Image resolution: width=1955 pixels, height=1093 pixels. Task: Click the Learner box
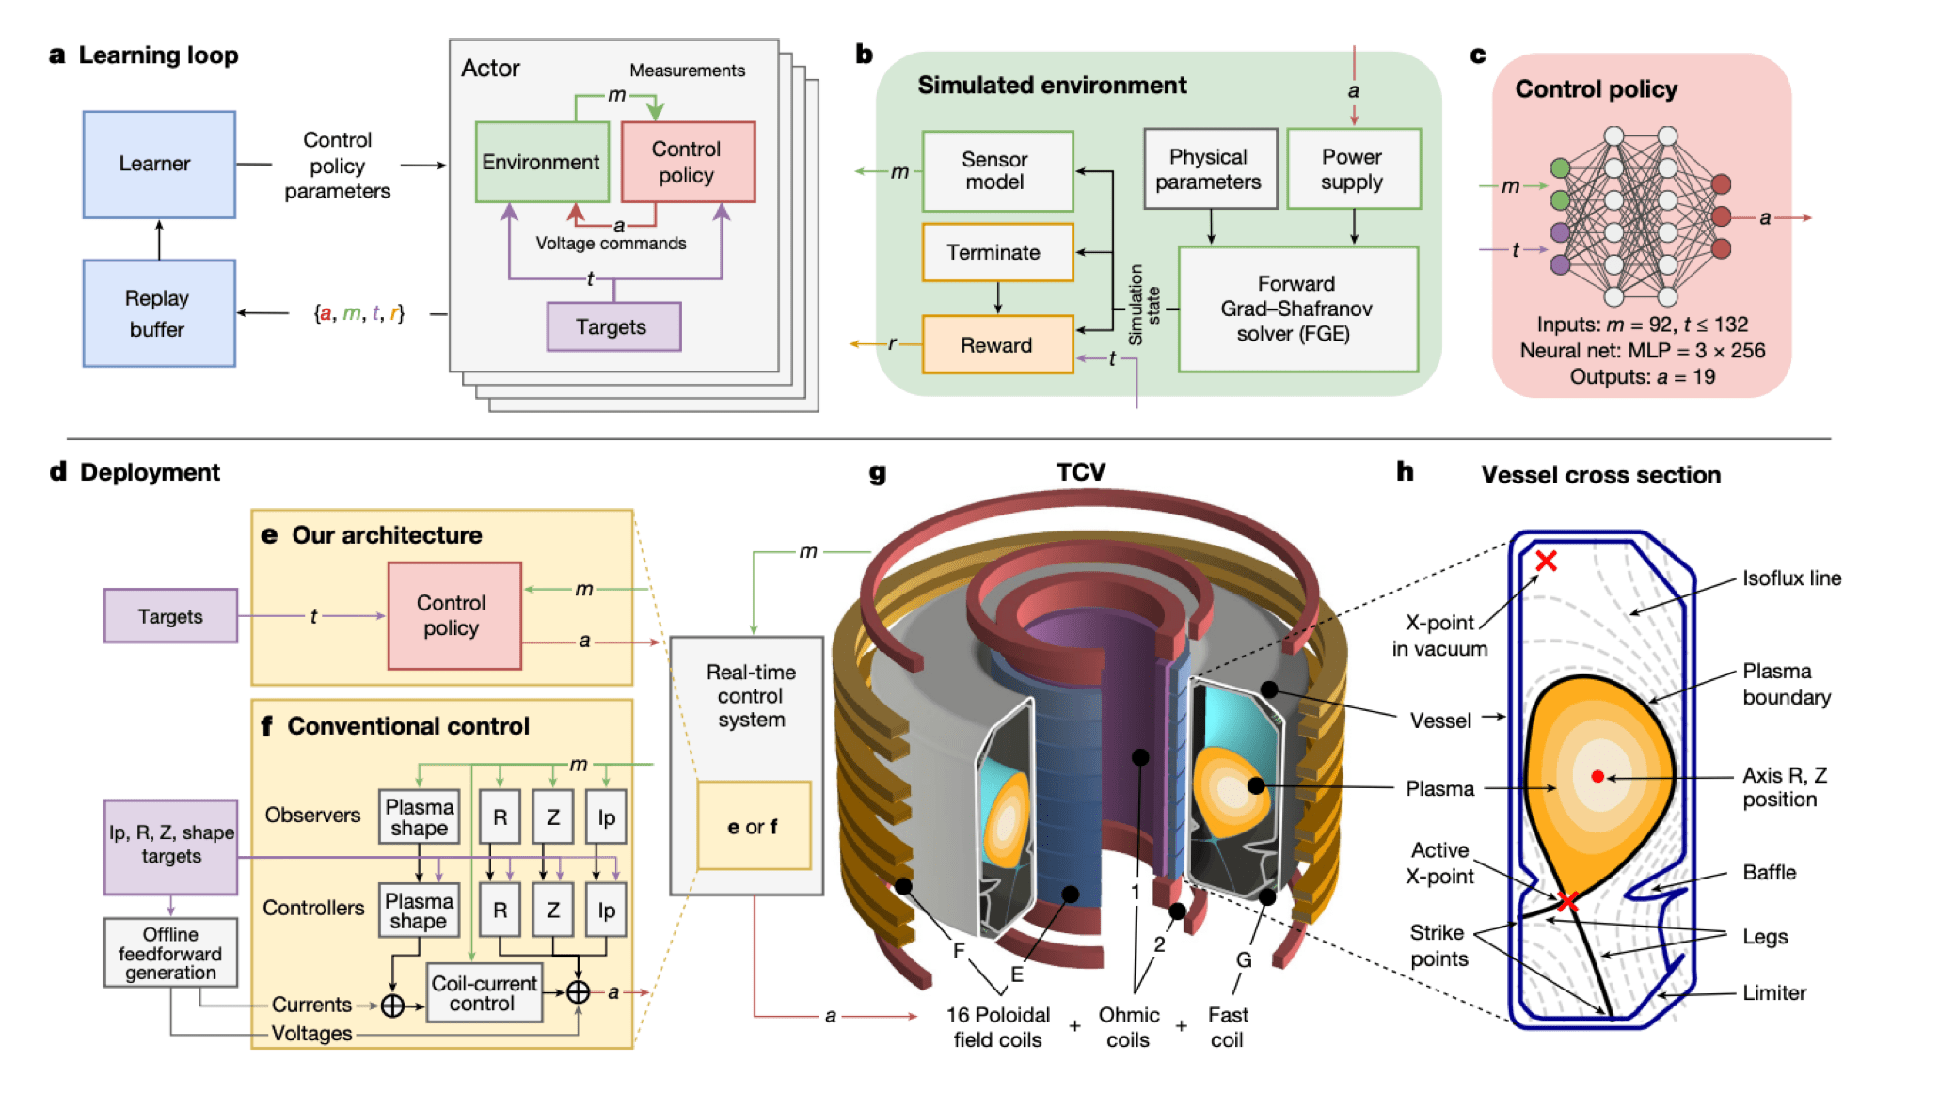(x=158, y=165)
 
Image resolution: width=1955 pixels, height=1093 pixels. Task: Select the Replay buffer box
(x=158, y=313)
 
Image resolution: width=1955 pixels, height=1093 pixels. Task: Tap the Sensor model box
(x=997, y=171)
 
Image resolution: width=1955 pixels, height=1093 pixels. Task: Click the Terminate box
(x=996, y=252)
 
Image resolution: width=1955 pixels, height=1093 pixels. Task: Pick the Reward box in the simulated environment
(x=996, y=345)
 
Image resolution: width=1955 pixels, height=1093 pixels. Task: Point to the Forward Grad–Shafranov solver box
(x=1297, y=309)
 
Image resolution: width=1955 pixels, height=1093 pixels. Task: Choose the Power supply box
(x=1353, y=169)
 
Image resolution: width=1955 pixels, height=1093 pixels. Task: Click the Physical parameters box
(x=1210, y=169)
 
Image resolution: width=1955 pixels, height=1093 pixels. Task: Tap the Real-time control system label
(x=751, y=696)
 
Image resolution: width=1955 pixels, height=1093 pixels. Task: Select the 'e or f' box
(x=753, y=827)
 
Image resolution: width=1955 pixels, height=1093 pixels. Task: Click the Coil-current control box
(x=484, y=993)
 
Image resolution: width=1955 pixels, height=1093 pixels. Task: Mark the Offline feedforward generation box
(x=170, y=953)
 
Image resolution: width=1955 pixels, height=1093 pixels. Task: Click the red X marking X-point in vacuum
(x=1546, y=562)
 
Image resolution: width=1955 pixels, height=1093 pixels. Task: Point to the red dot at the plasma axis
(x=1597, y=776)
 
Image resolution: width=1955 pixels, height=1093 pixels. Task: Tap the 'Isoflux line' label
(x=1791, y=578)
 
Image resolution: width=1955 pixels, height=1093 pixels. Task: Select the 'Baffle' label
(x=1769, y=872)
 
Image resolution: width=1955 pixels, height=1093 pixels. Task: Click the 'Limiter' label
(x=1773, y=992)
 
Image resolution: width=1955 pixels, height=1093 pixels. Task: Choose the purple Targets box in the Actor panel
(x=612, y=327)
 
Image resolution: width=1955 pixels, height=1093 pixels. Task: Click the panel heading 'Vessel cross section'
(x=1600, y=475)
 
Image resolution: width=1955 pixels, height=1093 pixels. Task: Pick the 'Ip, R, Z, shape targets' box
(x=170, y=846)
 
